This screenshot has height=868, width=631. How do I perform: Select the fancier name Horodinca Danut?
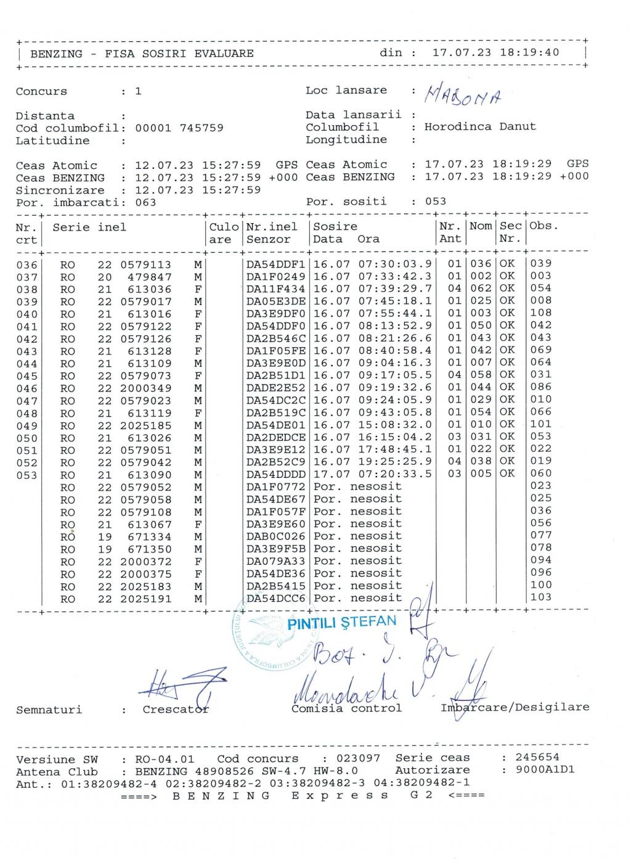click(x=480, y=127)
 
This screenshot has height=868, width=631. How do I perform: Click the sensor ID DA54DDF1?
click(x=275, y=264)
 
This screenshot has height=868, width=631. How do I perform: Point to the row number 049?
click(x=26, y=425)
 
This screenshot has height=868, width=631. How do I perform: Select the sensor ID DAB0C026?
click(x=275, y=536)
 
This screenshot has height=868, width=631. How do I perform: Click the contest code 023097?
click(x=359, y=758)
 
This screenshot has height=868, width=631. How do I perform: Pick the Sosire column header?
click(x=335, y=227)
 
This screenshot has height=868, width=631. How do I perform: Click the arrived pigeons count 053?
click(x=436, y=202)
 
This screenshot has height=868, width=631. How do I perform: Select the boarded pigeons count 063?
click(x=145, y=202)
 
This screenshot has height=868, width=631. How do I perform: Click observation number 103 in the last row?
click(x=540, y=597)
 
